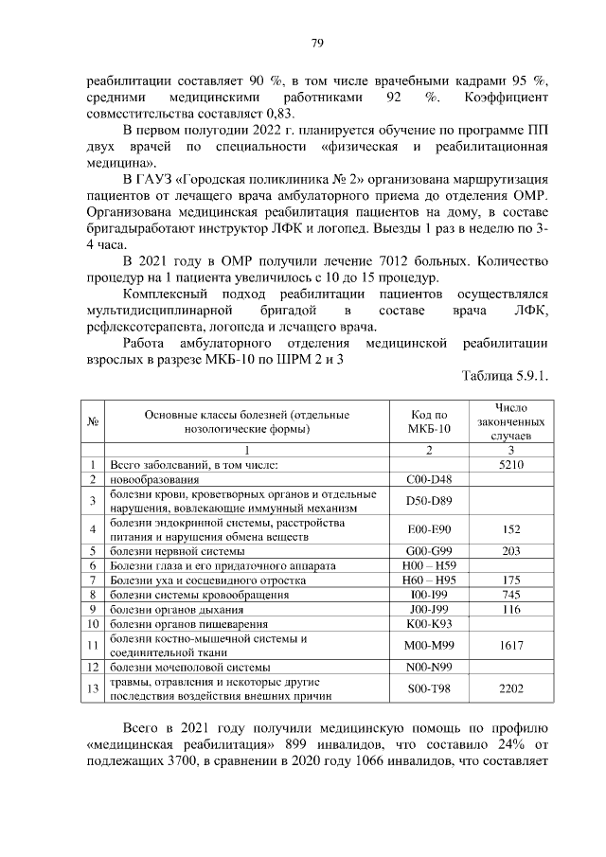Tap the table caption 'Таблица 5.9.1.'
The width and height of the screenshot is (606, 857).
[505, 376]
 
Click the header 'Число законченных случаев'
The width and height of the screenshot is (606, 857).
[510, 421]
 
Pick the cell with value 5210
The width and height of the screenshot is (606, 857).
[510, 465]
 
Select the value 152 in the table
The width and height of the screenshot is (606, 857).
[510, 528]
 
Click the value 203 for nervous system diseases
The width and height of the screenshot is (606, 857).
[510, 550]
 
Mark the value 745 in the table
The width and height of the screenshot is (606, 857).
[510, 595]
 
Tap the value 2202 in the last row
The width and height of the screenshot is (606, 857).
[510, 690]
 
